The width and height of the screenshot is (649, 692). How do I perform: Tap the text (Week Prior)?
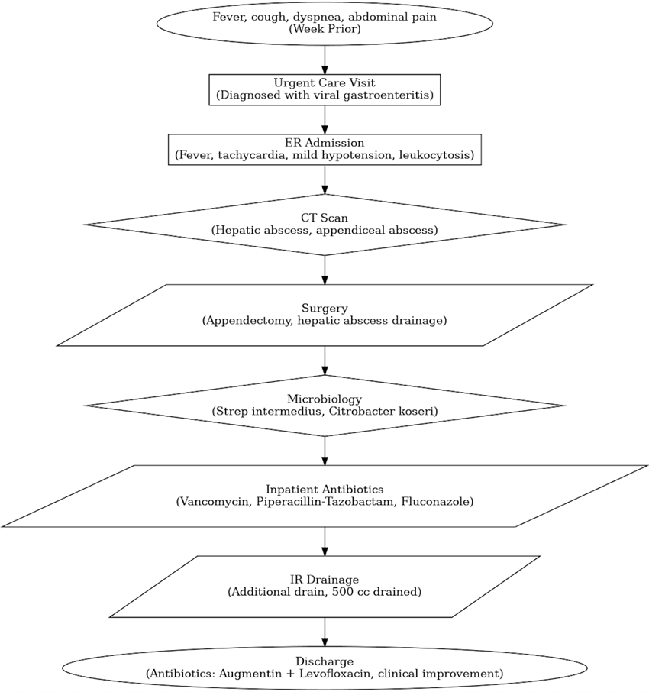324,29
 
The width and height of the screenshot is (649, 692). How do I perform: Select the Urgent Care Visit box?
324,89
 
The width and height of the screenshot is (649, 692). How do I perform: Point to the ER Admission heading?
324,143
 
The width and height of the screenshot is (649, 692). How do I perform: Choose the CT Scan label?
324,218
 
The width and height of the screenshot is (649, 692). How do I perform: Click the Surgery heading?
324,308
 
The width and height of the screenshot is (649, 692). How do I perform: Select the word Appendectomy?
247,320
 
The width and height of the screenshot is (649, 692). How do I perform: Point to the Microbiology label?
324,399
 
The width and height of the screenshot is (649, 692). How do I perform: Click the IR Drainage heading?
324,580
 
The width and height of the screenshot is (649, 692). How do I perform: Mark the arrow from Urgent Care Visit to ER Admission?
324,120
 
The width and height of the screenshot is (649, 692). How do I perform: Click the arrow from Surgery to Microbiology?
324,361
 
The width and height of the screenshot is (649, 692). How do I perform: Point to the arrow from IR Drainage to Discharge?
324,632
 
